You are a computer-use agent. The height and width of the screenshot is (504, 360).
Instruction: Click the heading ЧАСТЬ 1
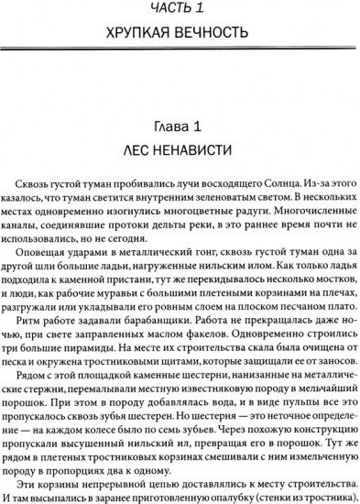pos(180,10)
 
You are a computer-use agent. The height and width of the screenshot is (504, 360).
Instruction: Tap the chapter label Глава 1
pos(180,125)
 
